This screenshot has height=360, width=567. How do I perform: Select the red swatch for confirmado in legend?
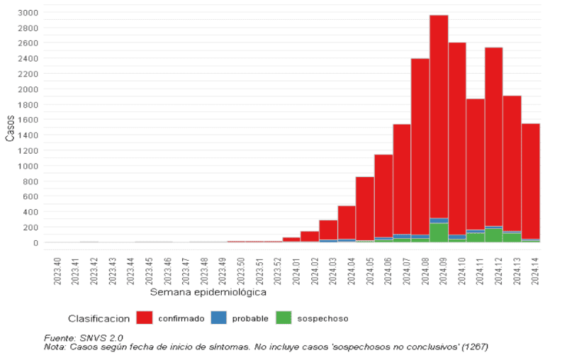[x=145, y=318]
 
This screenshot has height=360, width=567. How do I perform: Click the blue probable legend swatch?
[x=218, y=318]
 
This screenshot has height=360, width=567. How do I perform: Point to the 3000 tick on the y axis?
[x=28, y=13]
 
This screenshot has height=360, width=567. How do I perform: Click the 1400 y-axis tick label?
[x=28, y=135]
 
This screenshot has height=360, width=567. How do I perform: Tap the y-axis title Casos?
[x=10, y=128]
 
